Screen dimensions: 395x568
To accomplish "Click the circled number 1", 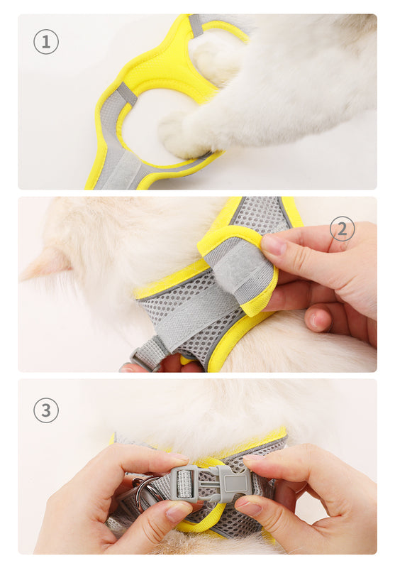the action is [x=46, y=42].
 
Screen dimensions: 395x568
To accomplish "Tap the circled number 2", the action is [x=343, y=229].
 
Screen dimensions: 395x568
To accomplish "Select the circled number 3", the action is [x=46, y=410].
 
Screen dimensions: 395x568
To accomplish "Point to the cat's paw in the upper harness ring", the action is [x=213, y=58].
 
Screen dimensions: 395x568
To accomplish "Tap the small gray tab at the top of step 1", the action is [x=195, y=26].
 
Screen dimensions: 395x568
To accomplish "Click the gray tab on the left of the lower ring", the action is [x=127, y=94].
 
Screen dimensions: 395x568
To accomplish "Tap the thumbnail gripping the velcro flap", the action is [x=274, y=245].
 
